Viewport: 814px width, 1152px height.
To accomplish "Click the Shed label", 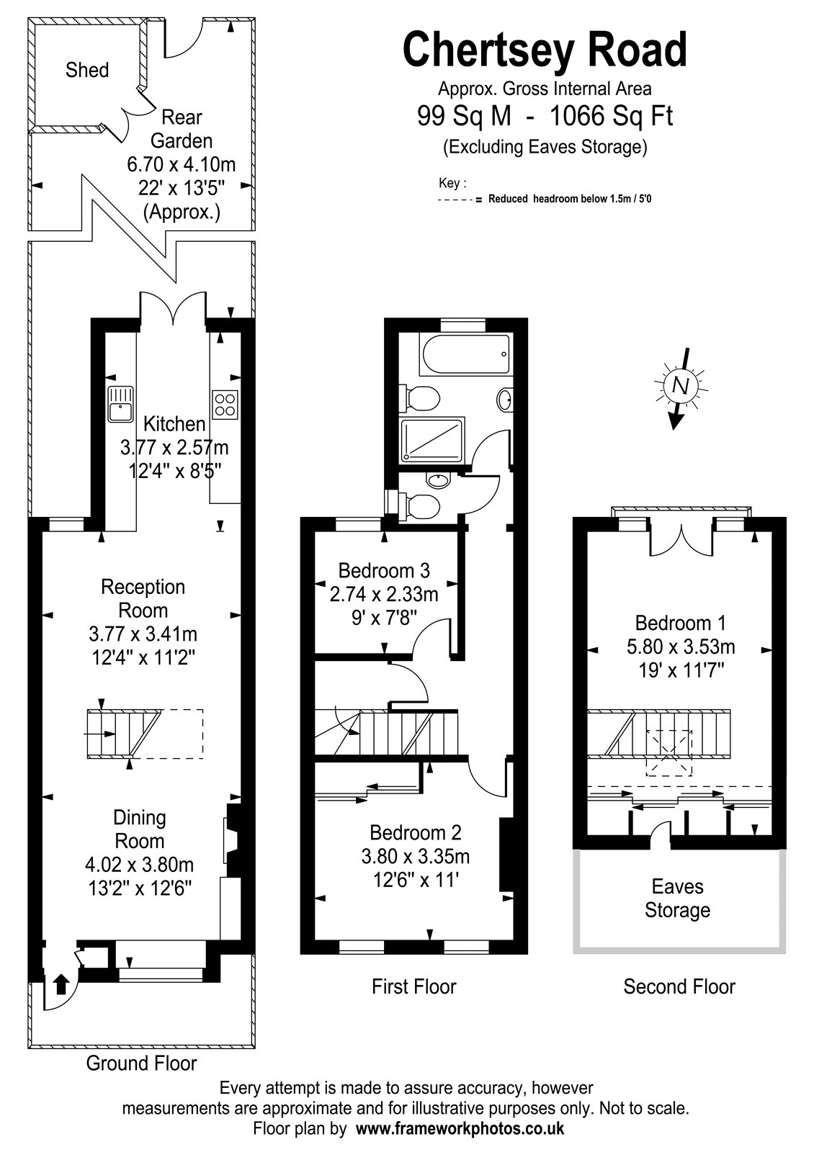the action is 87,70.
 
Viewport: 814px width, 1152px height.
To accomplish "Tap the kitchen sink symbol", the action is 120,404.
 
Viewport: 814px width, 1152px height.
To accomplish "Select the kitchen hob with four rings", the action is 225,405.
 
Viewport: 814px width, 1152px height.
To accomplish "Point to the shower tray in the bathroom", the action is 432,438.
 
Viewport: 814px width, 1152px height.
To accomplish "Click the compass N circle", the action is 681,385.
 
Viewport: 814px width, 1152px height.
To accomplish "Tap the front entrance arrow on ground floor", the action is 61,983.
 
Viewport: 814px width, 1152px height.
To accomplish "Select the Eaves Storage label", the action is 678,899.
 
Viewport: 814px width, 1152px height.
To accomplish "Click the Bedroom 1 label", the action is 680,623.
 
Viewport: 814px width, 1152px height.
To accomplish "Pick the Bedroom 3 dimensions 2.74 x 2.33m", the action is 384,594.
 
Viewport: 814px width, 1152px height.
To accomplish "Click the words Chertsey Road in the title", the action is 545,50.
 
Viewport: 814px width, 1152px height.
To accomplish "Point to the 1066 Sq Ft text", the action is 612,116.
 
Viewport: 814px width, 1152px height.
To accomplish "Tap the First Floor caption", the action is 413,987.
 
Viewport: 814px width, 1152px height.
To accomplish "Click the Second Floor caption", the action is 679,987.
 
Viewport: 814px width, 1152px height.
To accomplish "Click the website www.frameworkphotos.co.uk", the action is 460,1128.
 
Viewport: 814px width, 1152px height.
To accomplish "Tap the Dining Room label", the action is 140,829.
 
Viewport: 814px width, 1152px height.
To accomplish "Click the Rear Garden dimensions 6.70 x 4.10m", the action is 181,164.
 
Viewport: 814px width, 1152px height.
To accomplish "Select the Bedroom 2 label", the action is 415,832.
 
